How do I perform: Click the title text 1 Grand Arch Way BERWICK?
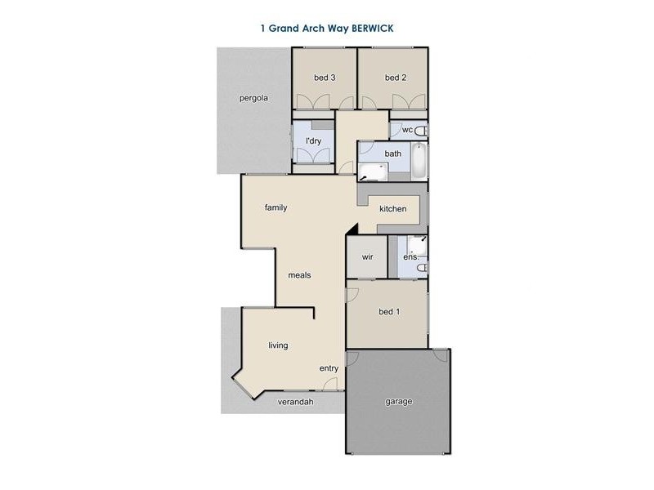(326, 27)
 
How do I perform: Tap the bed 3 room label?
(325, 78)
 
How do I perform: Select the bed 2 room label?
(396, 78)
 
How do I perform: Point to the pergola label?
(253, 98)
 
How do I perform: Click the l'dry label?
(313, 141)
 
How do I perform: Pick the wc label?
(407, 131)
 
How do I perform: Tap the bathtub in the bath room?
(418, 162)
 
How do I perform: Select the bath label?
(393, 154)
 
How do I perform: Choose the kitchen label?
(392, 209)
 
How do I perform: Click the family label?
(275, 207)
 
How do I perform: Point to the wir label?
(368, 256)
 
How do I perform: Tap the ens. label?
(410, 257)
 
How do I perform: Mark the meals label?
(299, 275)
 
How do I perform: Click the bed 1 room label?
(389, 312)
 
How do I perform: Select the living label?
(278, 345)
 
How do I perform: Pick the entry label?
(329, 368)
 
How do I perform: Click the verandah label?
(296, 402)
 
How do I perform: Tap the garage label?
(399, 401)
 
